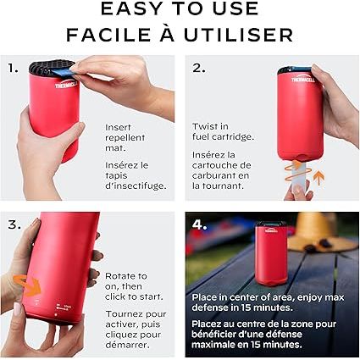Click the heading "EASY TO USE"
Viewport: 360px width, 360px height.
(x=180, y=10)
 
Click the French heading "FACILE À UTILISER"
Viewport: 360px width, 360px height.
(x=180, y=35)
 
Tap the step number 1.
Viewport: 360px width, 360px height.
(x=13, y=67)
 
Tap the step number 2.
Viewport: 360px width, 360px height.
(x=198, y=67)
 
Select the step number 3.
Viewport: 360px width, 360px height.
(x=14, y=224)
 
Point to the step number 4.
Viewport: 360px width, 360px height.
(x=199, y=224)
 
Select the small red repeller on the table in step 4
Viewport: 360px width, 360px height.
(x=271, y=243)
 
